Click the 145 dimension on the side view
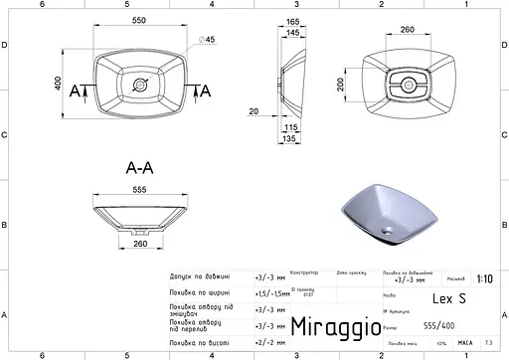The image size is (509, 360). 294,34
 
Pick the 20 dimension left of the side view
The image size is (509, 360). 254,111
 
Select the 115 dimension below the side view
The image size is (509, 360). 292,128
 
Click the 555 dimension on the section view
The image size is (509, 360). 139,190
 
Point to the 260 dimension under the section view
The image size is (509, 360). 141,242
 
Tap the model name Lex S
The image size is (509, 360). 447,297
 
